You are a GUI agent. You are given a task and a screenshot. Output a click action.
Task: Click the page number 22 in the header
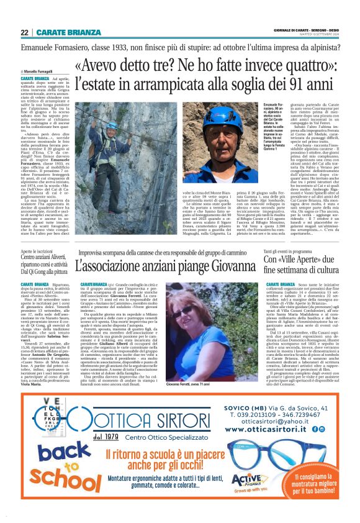click(x=24, y=32)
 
